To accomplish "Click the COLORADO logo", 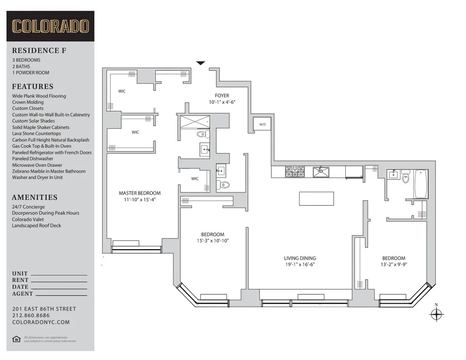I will tap(50, 26).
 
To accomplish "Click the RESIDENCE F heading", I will tap(39, 50).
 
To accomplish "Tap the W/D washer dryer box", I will tap(262, 124).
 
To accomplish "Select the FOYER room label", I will tap(222, 95).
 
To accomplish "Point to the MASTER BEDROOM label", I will tap(139, 193).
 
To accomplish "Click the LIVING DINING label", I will tap(300, 258).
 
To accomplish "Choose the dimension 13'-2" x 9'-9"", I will tap(394, 265).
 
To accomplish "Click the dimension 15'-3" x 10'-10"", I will tap(212, 241).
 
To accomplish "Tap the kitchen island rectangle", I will tap(316, 198).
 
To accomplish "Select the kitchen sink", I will tap(321, 172).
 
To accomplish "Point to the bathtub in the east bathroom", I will tap(420, 184).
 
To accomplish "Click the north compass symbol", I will tap(436, 315).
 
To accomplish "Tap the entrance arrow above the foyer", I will tap(200, 63).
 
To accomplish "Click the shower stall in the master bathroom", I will tap(195, 122).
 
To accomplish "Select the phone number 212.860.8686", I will tap(31, 315).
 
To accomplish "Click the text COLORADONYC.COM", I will tap(41, 322).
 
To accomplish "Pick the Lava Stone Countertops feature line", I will tap(37, 134).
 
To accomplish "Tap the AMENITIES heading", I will tap(34, 197).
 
